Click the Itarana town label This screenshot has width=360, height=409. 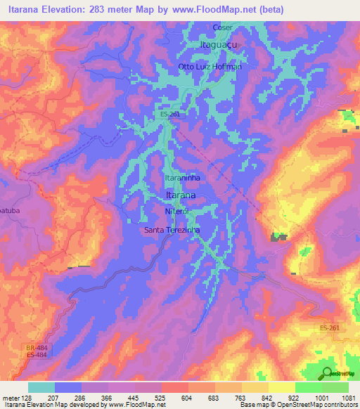click(180, 194)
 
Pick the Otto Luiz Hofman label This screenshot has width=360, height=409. click(210, 66)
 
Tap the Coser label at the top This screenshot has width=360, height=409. click(222, 27)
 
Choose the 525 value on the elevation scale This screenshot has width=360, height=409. click(162, 398)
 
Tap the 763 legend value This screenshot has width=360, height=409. click(242, 398)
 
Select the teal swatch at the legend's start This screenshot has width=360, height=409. click(41, 387)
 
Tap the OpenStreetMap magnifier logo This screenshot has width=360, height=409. click(326, 373)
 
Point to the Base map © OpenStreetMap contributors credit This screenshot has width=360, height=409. click(297, 405)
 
